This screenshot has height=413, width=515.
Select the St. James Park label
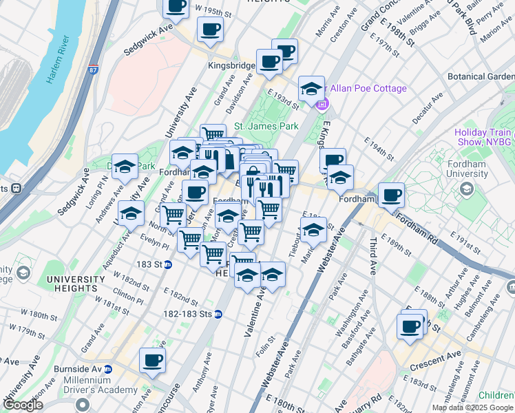(x=266, y=126)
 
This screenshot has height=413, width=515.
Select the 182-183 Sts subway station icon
(x=218, y=314)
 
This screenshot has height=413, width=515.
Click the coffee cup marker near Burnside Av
(x=152, y=359)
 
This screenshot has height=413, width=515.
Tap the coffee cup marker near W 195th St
(x=176, y=6)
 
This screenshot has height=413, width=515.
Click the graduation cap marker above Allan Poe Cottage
(x=312, y=88)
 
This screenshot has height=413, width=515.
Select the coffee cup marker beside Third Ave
(x=391, y=195)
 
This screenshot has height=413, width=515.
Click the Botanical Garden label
(x=481, y=77)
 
